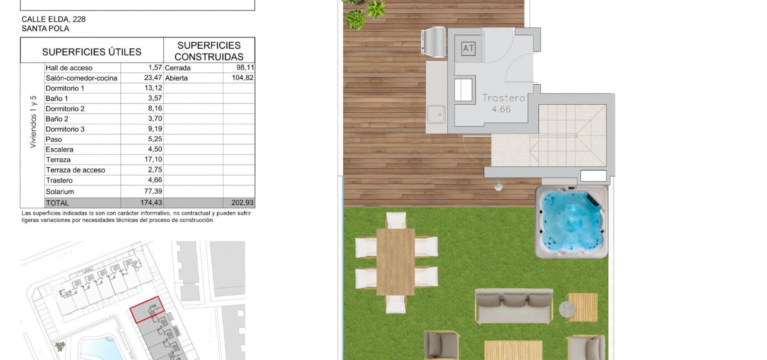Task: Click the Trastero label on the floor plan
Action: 503,99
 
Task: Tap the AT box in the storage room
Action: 468,49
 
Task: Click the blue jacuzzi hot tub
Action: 571,222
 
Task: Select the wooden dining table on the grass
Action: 395,262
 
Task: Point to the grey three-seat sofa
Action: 514,306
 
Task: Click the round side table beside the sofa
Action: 567,309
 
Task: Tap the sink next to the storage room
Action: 436,115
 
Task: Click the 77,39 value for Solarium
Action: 153,191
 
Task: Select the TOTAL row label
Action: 57,203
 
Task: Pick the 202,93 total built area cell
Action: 242,202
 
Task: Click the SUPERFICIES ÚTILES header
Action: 92,52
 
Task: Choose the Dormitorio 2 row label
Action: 65,108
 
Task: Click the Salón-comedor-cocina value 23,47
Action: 153,78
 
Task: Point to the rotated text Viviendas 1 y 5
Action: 33,122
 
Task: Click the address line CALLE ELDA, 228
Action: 54,19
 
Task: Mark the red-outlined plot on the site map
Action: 147,310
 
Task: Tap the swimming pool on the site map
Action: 99,349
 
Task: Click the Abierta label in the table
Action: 176,78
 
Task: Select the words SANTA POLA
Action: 45,29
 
